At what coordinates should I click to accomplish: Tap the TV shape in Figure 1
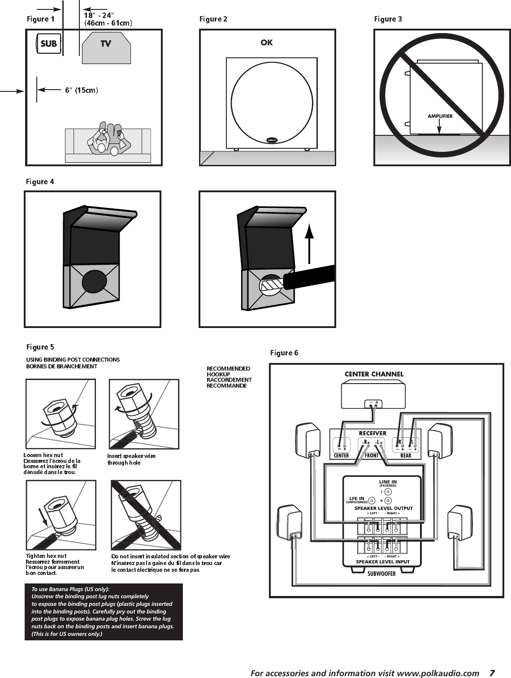coord(106,44)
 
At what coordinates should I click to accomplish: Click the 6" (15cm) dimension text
coord(82,90)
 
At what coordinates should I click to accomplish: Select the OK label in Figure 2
coord(267,43)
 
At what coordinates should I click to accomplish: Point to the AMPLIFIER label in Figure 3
coord(440,116)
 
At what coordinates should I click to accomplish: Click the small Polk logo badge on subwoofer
coord(272,140)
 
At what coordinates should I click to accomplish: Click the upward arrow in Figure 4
coord(309,245)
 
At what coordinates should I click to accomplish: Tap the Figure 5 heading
coord(40,347)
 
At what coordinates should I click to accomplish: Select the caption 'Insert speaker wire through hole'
coord(131,459)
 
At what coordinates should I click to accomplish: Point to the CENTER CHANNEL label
coord(374,374)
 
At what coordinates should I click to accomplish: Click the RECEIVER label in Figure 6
coord(372,433)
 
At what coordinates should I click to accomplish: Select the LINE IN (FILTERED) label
coord(388,483)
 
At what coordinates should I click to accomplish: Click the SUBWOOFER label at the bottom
coord(381,573)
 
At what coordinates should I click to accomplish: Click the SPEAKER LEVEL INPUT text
coord(382,561)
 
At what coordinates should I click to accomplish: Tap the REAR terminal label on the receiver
coord(406,455)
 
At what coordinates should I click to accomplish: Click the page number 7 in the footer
coord(492,673)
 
